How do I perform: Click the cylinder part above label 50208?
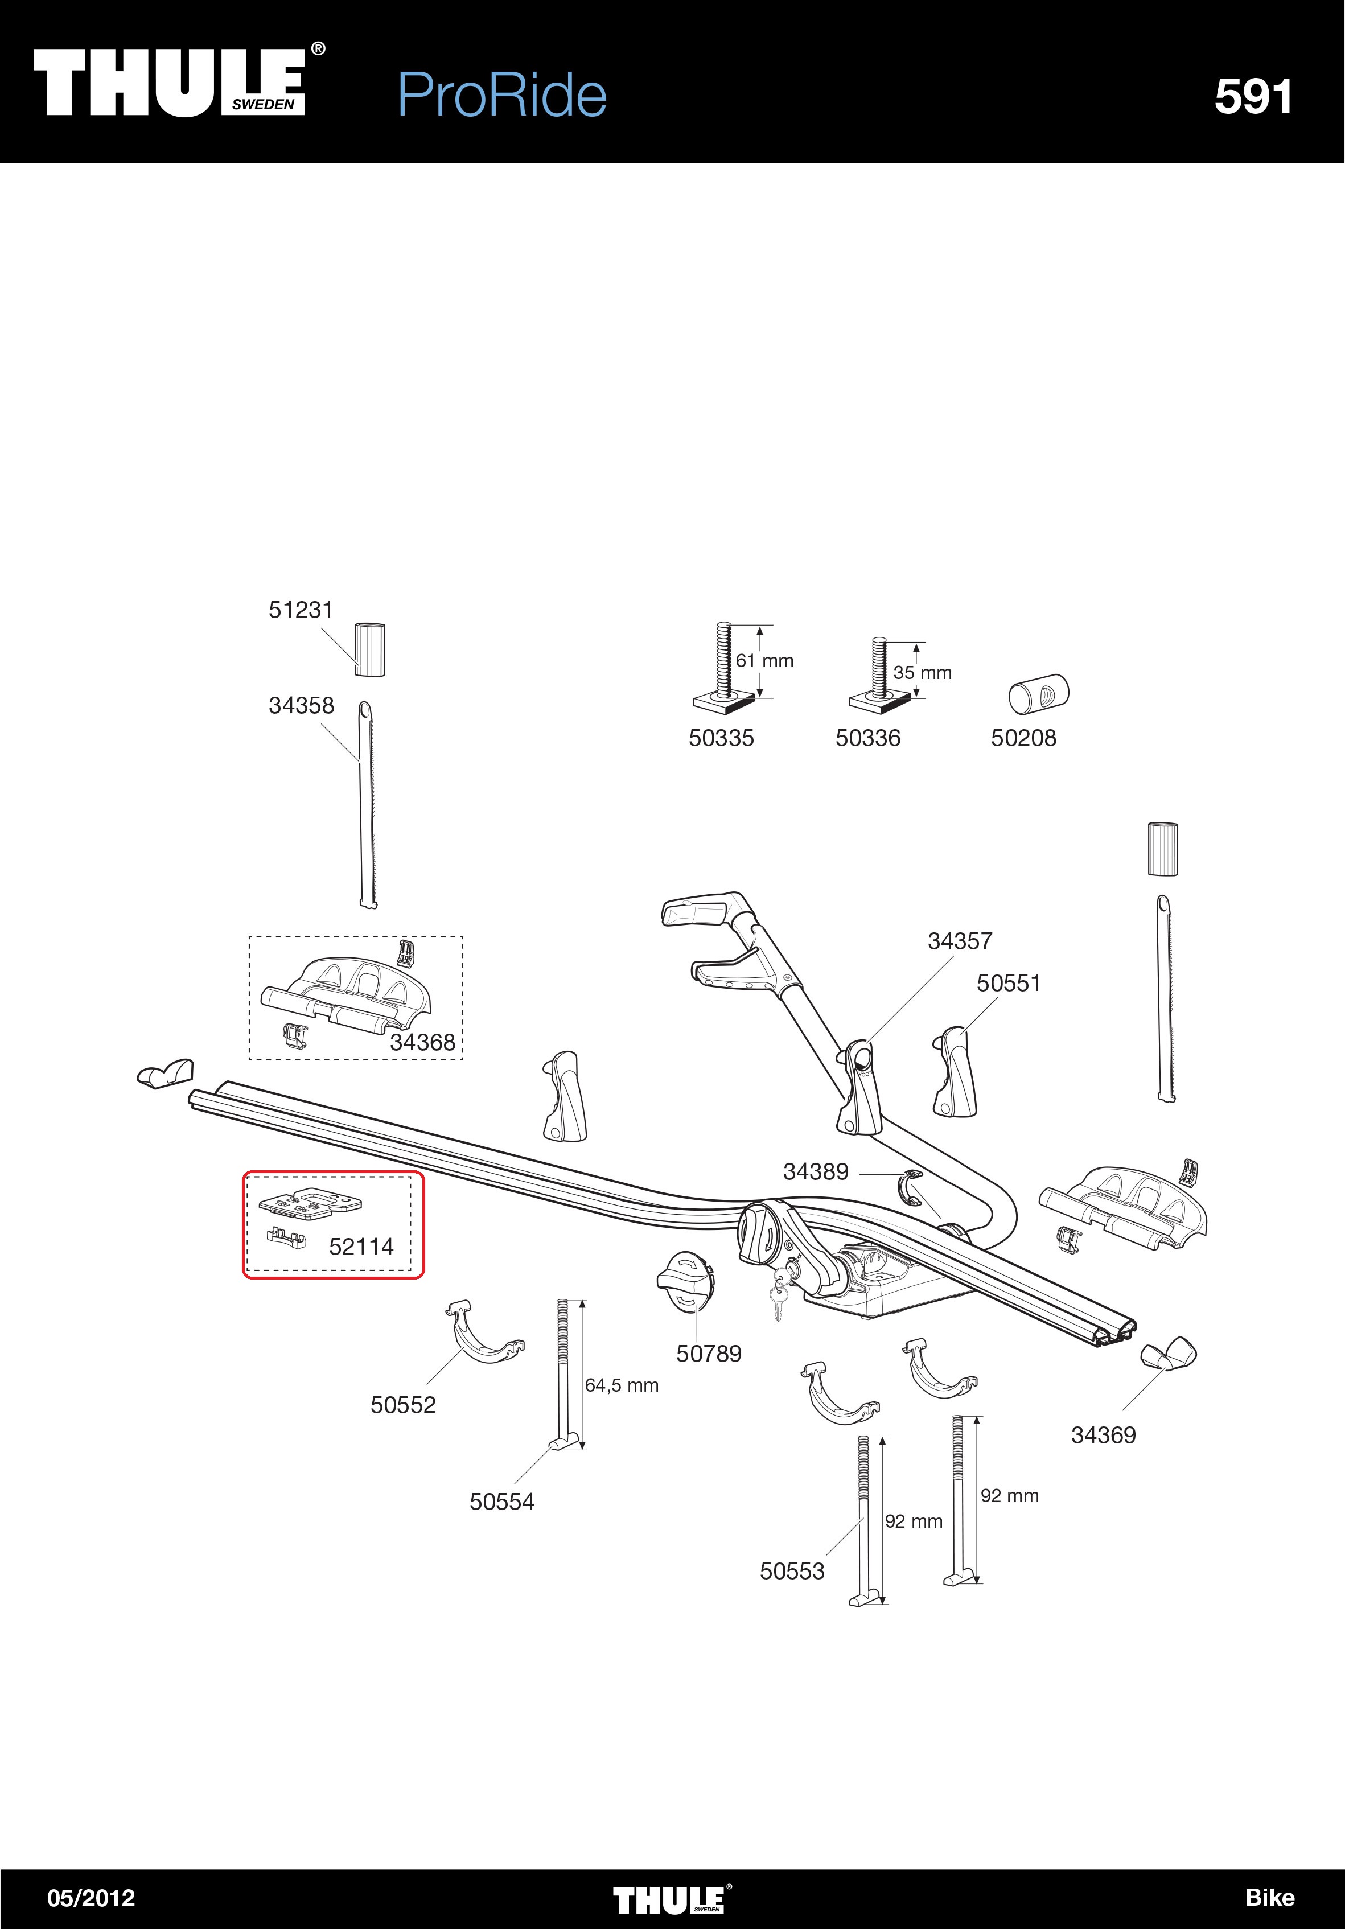pos(1038,694)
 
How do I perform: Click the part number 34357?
pos(960,941)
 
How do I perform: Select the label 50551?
pos(1008,983)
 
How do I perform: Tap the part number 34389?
pos(816,1171)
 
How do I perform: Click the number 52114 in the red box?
pos(361,1246)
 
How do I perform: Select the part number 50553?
pos(792,1570)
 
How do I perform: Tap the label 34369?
pos(1103,1434)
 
